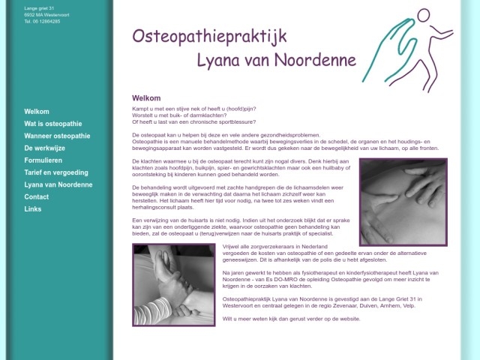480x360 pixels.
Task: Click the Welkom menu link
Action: pyautogui.click(x=37, y=111)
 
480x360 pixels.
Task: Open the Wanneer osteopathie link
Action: pyautogui.click(x=57, y=136)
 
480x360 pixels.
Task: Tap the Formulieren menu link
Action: pyautogui.click(x=43, y=160)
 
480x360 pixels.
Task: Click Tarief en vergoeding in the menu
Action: pyautogui.click(x=55, y=172)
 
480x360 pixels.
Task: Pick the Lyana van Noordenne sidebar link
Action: pyautogui.click(x=58, y=184)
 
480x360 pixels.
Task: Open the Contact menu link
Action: pyautogui.click(x=37, y=196)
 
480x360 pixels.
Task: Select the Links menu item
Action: pyautogui.click(x=33, y=209)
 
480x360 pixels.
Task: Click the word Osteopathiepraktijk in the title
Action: pyautogui.click(x=208, y=35)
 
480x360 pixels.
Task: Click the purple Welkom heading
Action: pyautogui.click(x=146, y=98)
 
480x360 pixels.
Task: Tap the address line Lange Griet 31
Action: pyautogui.click(x=39, y=7)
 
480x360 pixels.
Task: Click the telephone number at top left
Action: pyautogui.click(x=42, y=21)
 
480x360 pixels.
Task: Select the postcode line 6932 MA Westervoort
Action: pyautogui.click(x=46, y=14)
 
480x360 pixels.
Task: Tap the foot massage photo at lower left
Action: pyautogui.click(x=174, y=285)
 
